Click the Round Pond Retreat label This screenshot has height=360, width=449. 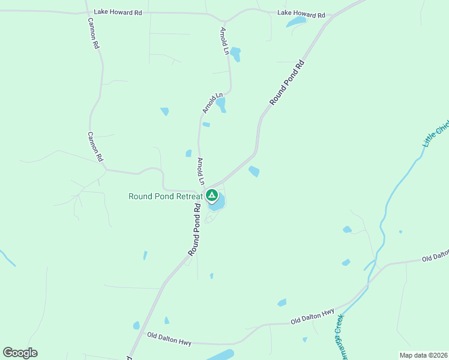pos(165,196)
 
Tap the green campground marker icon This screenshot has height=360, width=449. pos(212,195)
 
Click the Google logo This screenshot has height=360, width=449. pos(20,352)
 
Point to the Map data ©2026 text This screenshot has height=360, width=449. pos(424,355)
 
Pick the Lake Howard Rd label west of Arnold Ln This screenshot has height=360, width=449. pos(117,11)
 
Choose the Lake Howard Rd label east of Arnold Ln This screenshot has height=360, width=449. pos(301,14)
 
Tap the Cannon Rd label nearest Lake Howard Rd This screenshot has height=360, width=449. pos(94,37)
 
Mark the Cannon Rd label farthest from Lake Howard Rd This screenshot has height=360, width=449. pos(95,148)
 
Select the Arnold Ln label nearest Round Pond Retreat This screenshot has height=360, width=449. pos(202,172)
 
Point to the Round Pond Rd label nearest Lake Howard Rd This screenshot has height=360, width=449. pos(288,83)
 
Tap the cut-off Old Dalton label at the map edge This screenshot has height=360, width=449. pos(435,257)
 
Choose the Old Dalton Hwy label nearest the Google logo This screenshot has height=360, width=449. pos(169,339)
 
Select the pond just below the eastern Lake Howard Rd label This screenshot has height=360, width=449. pos(295,22)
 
